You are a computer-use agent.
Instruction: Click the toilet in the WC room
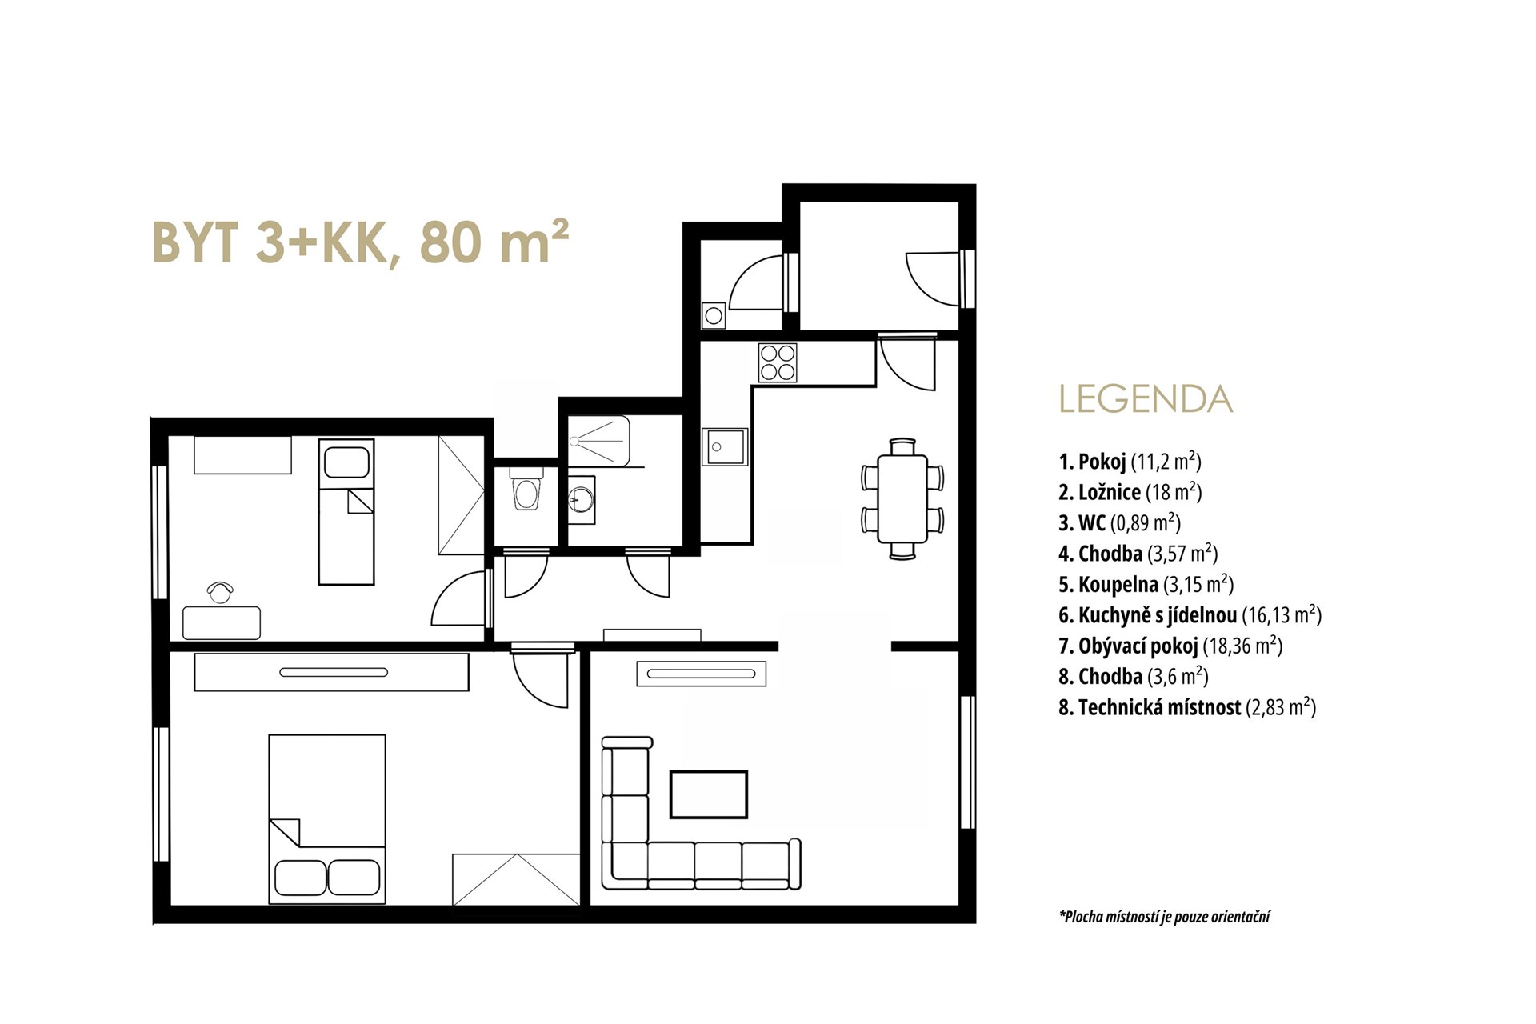pos(526,491)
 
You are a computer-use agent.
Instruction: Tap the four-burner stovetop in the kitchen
pos(778,362)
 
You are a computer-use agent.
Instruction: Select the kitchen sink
pos(725,447)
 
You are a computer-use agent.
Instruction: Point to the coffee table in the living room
pos(709,794)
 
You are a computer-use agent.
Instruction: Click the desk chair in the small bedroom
pos(220,592)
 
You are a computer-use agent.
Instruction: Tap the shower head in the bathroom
pos(574,441)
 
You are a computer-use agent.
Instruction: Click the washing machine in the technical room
pos(714,315)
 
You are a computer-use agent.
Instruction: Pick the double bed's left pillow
pos(300,877)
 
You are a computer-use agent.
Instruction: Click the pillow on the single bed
pos(346,462)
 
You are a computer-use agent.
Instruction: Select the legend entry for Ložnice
pos(1130,492)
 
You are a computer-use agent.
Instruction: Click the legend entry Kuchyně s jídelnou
pos(1190,615)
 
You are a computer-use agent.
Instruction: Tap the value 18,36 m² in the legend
pos(1242,646)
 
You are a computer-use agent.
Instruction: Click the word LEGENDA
pos(1146,399)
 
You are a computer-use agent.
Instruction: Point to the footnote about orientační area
pos(1165,917)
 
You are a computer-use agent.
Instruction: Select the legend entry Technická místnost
pos(1187,707)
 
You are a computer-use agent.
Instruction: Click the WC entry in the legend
pos(1119,523)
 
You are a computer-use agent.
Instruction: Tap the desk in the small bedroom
pos(222,622)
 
